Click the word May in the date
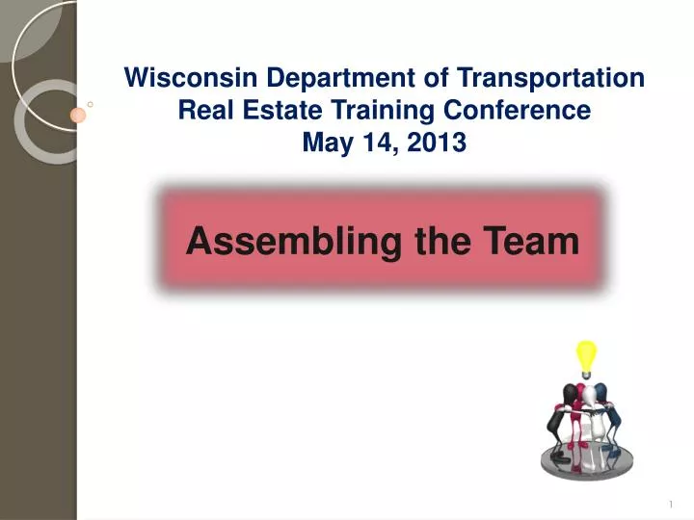click(326, 143)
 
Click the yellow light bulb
click(586, 356)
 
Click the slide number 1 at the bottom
click(669, 504)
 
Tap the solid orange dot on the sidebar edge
click(79, 115)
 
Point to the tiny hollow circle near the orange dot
click(90, 103)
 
